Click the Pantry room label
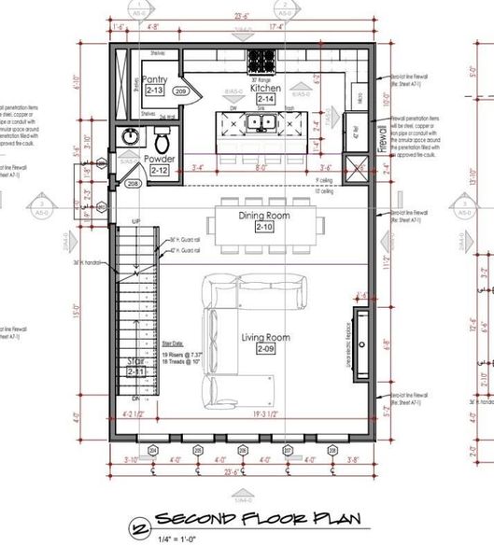154,80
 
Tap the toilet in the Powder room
162,142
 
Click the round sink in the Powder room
131,138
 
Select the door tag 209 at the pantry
181,91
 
